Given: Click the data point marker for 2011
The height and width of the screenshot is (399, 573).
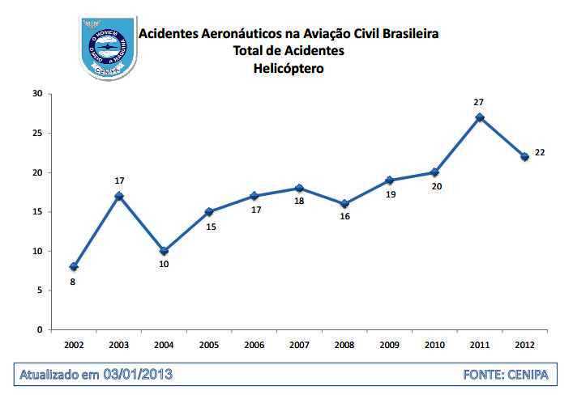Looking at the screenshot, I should point(480,117).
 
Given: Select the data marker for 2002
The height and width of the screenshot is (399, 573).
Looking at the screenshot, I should point(74,266).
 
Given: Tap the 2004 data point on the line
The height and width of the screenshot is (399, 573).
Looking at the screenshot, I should point(164,251).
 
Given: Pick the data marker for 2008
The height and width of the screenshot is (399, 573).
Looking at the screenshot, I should point(344,204).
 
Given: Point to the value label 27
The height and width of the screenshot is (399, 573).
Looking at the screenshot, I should point(479,102).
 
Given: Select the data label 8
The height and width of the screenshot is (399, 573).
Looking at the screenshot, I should point(73,282).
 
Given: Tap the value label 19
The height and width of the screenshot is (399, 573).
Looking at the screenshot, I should point(389,194).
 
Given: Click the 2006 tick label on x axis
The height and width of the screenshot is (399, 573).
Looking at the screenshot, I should point(254,345).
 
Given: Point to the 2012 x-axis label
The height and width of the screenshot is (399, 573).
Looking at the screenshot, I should point(524,345).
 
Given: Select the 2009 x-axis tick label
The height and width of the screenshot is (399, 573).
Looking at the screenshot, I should point(389,345).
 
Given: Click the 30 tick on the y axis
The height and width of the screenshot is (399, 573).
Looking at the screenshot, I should point(37,94).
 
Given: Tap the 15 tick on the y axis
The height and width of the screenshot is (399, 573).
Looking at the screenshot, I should point(37,212).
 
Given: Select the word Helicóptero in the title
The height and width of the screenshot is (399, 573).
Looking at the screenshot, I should point(289,69).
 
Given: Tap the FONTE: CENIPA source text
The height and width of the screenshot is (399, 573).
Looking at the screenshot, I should point(506,375).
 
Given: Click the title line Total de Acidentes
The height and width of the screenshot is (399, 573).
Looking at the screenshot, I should point(289,51).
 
